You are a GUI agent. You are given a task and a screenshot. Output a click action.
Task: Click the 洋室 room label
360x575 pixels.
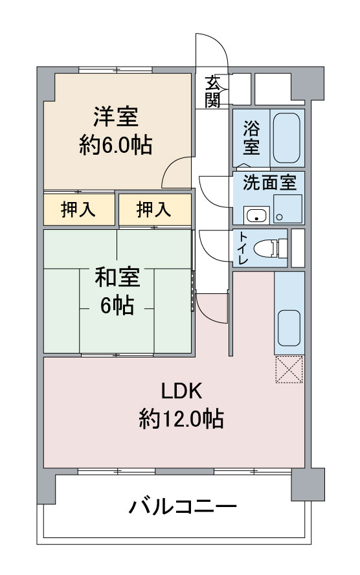116,118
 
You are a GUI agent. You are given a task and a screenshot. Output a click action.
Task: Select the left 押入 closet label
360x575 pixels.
79,210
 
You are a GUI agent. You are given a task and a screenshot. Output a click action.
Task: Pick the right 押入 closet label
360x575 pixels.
154,210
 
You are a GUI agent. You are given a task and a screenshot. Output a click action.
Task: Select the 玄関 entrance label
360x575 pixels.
213,91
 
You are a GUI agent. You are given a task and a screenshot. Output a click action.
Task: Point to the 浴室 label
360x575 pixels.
251,137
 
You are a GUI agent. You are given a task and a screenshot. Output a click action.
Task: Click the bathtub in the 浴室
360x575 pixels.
285,138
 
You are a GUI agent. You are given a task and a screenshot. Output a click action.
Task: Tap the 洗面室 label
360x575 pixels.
269,183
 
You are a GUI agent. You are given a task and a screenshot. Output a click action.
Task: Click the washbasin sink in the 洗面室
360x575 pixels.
256,215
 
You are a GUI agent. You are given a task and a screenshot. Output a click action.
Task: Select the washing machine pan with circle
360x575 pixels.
287,209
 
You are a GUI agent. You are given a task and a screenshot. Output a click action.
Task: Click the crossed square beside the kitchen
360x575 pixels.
289,369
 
